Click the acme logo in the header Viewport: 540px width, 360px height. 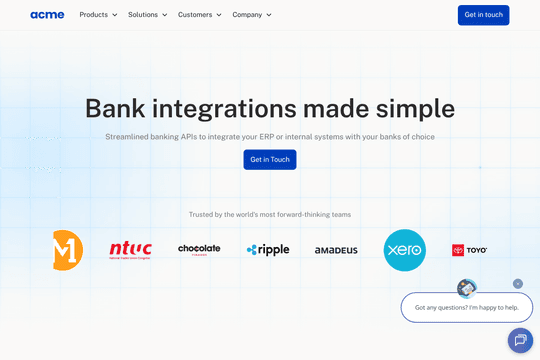point(47,15)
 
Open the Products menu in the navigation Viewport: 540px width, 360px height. point(98,15)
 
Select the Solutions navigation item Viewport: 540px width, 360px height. point(147,15)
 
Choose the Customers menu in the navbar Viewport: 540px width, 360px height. point(199,15)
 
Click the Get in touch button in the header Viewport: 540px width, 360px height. point(483,15)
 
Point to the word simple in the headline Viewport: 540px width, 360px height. point(412,108)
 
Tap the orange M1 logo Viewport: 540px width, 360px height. point(68,250)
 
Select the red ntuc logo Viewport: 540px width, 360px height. point(131,250)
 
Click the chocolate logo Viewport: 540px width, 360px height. point(199,250)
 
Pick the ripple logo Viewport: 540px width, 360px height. point(267,250)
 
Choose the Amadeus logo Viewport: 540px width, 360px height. point(336,250)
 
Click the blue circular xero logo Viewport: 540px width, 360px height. point(404,250)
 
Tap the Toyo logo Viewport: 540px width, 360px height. point(469,250)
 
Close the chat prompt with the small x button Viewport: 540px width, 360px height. point(518,284)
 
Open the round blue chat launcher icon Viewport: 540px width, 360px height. point(520,340)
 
